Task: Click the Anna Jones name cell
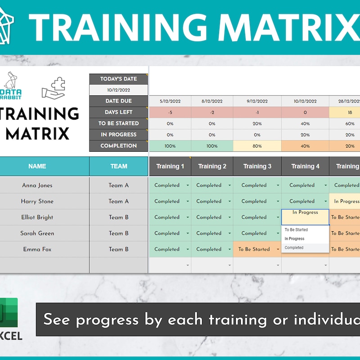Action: point(37,185)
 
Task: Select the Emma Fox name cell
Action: point(37,249)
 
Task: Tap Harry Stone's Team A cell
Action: point(118,201)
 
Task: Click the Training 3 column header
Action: point(257,166)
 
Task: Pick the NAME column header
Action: point(37,166)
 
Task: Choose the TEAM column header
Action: point(119,166)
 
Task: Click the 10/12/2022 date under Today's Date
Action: point(118,90)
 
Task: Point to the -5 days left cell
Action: point(170,112)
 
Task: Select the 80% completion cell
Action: point(257,146)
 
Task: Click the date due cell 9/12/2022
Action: point(257,101)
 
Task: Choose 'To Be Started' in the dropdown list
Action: point(296,230)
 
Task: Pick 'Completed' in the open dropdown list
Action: point(294,247)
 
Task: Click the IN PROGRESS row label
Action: point(118,135)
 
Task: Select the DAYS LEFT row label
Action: point(118,112)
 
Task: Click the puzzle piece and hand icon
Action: point(54,86)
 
